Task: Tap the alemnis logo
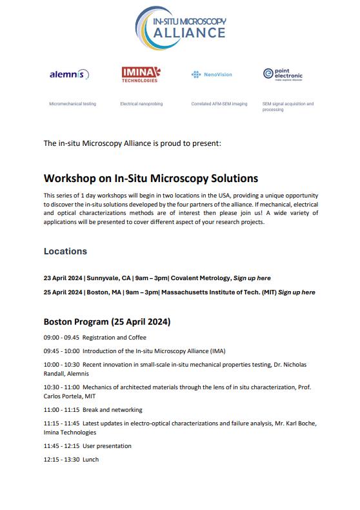pyautogui.click(x=69, y=75)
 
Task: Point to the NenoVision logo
pyautogui.click(x=212, y=75)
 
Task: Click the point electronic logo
pyautogui.click(x=283, y=75)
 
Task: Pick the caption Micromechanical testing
pyautogui.click(x=73, y=104)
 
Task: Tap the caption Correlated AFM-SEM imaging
pyautogui.click(x=219, y=104)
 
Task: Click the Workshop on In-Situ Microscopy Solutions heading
pyautogui.click(x=150, y=178)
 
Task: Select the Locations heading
pyautogui.click(x=65, y=251)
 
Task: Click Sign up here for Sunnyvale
pyautogui.click(x=252, y=278)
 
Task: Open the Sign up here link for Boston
pyautogui.click(x=296, y=292)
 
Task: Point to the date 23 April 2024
pyautogui.click(x=63, y=278)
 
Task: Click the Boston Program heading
pyautogui.click(x=106, y=321)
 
